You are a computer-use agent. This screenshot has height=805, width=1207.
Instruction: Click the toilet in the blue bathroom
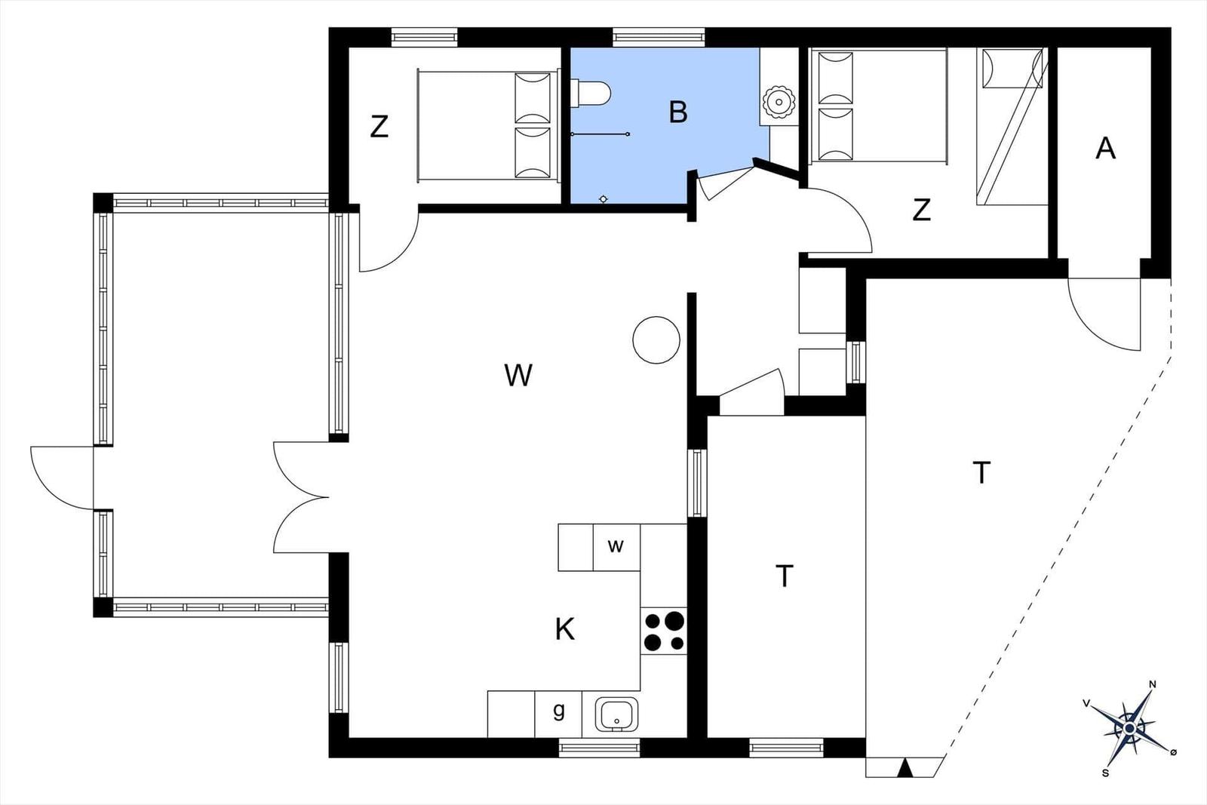click(x=591, y=94)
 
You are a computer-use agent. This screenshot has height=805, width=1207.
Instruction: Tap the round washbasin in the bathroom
click(x=779, y=101)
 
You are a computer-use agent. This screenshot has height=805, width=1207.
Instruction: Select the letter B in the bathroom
click(x=678, y=112)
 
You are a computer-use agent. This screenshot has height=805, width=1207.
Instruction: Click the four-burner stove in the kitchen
click(x=664, y=631)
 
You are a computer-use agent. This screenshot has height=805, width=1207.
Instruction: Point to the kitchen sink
click(x=616, y=714)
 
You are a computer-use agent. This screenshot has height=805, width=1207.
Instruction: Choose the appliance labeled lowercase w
click(x=616, y=547)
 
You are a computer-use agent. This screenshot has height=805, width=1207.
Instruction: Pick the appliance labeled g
click(x=558, y=714)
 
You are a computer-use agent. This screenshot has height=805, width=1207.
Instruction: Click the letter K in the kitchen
click(x=565, y=629)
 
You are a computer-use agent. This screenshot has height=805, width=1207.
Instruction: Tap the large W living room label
click(x=518, y=375)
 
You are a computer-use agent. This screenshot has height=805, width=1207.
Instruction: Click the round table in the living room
click(x=656, y=340)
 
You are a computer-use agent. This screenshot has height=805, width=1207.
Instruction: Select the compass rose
click(x=1129, y=729)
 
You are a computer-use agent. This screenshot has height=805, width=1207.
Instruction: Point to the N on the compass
click(x=1153, y=685)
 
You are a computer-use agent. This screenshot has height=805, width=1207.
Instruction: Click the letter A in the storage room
click(x=1105, y=148)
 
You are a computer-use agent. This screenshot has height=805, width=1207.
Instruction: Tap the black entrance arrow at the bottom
click(x=905, y=768)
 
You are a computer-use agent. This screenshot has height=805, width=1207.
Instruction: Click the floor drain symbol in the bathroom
click(x=603, y=199)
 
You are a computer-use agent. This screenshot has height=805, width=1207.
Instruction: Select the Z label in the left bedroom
click(x=379, y=128)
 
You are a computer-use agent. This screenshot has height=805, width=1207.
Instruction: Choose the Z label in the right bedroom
click(x=921, y=210)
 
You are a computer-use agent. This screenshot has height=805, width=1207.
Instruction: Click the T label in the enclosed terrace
click(x=785, y=576)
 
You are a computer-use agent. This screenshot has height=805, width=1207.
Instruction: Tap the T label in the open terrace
click(x=981, y=473)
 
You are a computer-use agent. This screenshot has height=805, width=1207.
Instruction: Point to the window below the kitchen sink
click(x=599, y=748)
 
